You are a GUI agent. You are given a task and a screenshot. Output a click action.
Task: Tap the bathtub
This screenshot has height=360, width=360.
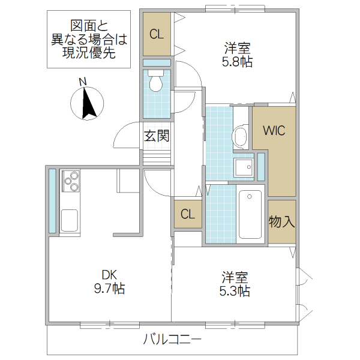[250, 214]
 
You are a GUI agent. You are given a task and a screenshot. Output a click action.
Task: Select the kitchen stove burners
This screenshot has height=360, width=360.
[70, 181]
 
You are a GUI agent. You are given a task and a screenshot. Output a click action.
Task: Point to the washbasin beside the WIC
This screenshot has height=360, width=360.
[241, 137]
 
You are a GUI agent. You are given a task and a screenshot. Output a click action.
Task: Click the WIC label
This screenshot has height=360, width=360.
[273, 130]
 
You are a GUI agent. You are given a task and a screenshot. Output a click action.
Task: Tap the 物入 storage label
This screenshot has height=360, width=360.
[281, 221]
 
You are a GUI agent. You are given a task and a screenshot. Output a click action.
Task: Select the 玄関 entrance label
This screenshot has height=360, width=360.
[157, 136]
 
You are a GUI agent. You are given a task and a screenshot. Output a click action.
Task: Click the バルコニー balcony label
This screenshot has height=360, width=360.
[172, 340]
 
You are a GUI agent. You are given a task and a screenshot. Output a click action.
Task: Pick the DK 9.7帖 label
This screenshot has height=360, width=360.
[109, 281]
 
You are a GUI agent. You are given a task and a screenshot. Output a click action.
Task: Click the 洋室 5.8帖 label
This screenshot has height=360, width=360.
[238, 55]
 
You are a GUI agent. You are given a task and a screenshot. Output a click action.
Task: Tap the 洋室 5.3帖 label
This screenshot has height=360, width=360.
[235, 284]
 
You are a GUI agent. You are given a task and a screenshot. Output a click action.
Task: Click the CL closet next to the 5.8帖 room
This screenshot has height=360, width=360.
[157, 34]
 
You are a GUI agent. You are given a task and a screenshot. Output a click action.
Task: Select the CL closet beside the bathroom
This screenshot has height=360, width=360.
[188, 214]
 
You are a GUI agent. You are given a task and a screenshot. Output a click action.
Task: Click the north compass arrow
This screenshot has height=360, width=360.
[88, 103]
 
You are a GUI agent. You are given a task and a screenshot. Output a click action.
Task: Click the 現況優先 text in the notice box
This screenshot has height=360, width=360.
[88, 52]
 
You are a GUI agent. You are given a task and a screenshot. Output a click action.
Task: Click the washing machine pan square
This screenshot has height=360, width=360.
[244, 167]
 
